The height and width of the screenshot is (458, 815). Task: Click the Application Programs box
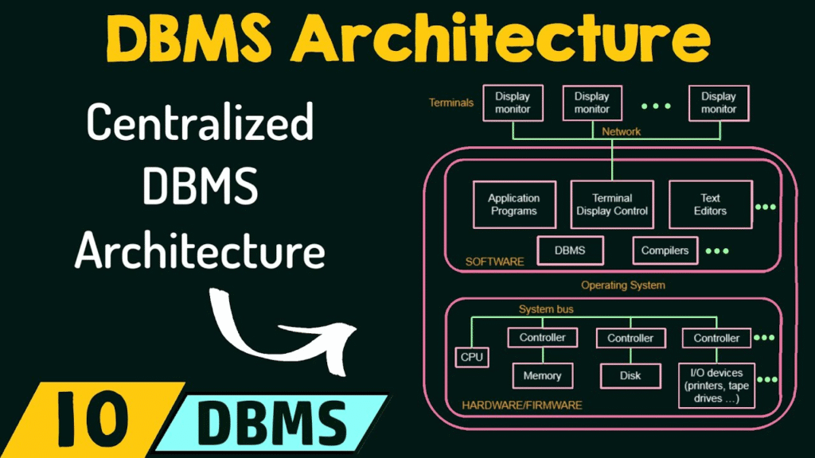tap(514, 204)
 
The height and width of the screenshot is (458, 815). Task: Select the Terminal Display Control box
tap(612, 204)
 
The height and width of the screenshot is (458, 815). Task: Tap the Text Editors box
tap(710, 204)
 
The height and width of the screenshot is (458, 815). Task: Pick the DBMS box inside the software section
tap(570, 250)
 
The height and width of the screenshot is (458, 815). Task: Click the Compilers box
tap(665, 250)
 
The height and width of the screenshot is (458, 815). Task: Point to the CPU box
tap(471, 357)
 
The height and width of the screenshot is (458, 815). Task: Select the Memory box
tap(542, 375)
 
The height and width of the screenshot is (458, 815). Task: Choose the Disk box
tap(630, 375)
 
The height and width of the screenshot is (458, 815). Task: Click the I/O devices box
tap(716, 386)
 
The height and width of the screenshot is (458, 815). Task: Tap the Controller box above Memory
tap(542, 337)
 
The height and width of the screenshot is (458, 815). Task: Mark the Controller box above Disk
tap(630, 338)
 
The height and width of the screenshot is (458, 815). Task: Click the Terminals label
tap(450, 103)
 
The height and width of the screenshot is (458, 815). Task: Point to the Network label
tap(621, 132)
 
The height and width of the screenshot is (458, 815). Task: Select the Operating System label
tap(622, 285)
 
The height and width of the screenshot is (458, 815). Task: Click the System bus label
tap(546, 309)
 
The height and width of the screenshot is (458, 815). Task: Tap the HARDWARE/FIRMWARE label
tap(522, 405)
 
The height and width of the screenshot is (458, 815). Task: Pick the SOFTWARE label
tap(494, 262)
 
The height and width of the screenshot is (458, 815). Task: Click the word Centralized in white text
tap(200, 122)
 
